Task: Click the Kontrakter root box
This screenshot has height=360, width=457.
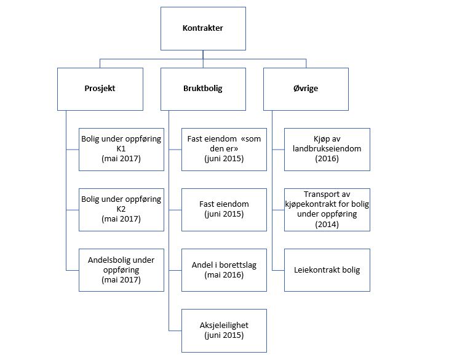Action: (x=203, y=28)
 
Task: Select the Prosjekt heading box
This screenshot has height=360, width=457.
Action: (x=100, y=89)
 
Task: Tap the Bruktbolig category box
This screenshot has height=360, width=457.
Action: (x=203, y=89)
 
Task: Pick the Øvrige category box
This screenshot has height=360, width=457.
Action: (x=306, y=89)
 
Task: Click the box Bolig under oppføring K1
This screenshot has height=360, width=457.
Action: (x=122, y=150)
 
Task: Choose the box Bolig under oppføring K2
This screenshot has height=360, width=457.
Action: (x=122, y=210)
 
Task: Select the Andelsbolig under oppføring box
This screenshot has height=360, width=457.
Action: (x=122, y=270)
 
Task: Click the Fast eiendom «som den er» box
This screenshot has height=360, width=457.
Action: (x=224, y=150)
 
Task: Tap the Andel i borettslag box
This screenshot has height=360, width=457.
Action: (x=224, y=270)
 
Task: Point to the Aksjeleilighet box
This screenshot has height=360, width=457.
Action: (x=224, y=331)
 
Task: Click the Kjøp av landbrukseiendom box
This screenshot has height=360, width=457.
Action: (x=327, y=150)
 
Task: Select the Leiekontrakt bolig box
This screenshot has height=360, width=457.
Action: (x=327, y=270)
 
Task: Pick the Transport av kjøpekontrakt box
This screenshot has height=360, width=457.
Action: (x=327, y=210)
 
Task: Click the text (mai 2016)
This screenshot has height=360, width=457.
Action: (x=224, y=275)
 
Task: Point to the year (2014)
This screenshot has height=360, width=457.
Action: (x=327, y=224)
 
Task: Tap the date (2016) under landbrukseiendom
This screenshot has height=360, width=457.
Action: (x=327, y=159)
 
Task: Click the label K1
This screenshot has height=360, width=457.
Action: (x=121, y=149)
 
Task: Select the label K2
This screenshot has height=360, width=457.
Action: (x=121, y=209)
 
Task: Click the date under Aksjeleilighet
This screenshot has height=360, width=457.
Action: (x=224, y=335)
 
